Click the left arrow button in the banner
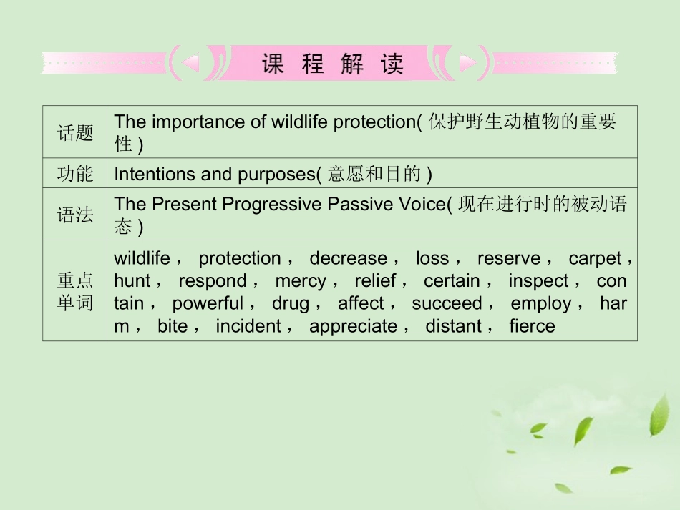tap(190, 64)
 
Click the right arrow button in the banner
tap(468, 64)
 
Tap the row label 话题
tap(75, 132)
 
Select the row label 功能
tap(75, 174)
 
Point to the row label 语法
tap(75, 215)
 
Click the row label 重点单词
tap(75, 291)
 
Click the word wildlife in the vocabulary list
tap(142, 258)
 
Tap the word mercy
tap(301, 281)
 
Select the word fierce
tap(532, 327)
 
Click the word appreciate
tap(353, 327)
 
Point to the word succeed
tap(447, 304)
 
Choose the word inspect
tap(539, 281)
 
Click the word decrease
tap(348, 258)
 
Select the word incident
tap(248, 327)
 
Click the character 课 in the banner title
tap(273, 64)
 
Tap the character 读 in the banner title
tap(392, 64)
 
